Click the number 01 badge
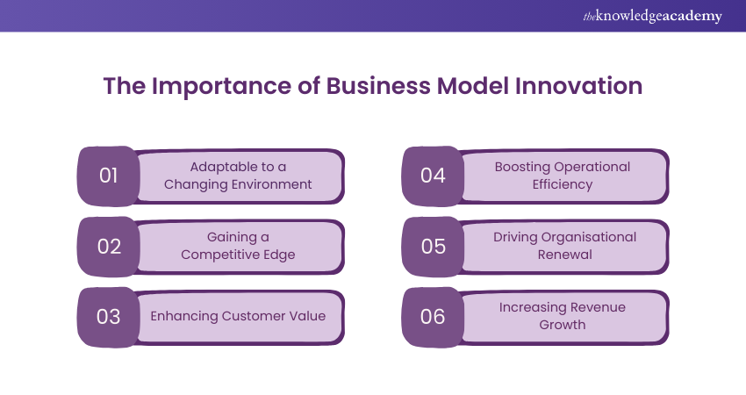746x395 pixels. (x=109, y=175)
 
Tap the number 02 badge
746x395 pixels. (x=109, y=246)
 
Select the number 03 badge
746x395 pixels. (x=109, y=316)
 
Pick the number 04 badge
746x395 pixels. (x=434, y=175)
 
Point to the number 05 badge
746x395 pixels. (x=434, y=246)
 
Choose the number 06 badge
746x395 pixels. (x=434, y=316)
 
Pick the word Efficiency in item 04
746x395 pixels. (x=563, y=184)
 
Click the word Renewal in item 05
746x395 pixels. (x=563, y=255)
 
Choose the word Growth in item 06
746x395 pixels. (x=563, y=325)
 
